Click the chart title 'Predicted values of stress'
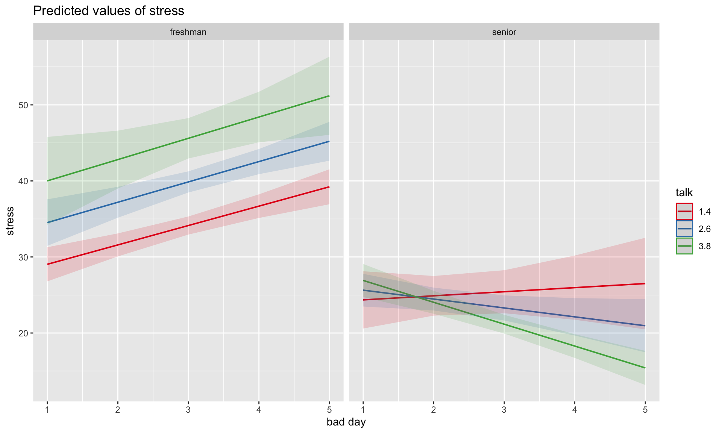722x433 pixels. [x=109, y=11]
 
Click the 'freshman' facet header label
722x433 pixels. [x=188, y=32]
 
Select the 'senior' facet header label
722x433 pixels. [x=504, y=32]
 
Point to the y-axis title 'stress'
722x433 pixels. [x=11, y=221]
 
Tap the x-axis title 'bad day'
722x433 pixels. [x=346, y=422]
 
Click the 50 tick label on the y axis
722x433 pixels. [x=23, y=105]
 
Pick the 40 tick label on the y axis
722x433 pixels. [x=23, y=181]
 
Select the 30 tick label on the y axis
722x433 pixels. [x=23, y=257]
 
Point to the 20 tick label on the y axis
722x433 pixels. [x=23, y=333]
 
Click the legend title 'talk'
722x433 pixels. [x=684, y=193]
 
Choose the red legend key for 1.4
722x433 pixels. [x=684, y=212]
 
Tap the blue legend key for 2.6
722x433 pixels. [x=684, y=229]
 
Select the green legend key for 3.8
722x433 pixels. [x=684, y=246]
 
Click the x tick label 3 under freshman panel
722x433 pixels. [x=188, y=409]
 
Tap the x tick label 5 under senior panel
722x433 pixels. [x=645, y=409]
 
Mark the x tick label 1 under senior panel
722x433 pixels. [x=363, y=409]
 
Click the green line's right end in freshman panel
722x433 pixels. [x=329, y=96]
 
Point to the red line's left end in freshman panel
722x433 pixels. [x=48, y=264]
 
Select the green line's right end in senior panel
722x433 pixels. [x=645, y=368]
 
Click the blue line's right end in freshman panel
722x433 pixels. [x=329, y=141]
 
